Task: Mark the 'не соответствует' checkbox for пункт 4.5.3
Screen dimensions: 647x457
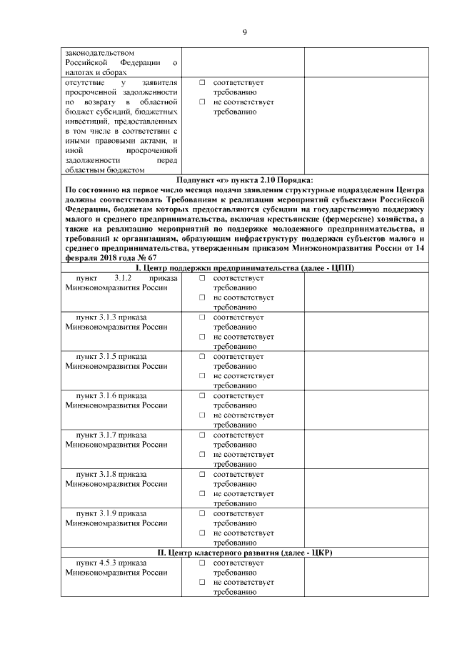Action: click(202, 582)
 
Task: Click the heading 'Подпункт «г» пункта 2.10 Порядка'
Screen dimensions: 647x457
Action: click(244, 179)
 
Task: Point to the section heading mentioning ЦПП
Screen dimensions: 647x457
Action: click(244, 267)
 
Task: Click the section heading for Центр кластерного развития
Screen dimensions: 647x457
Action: click(244, 553)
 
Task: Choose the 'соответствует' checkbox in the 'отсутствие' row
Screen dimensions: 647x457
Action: click(202, 83)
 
